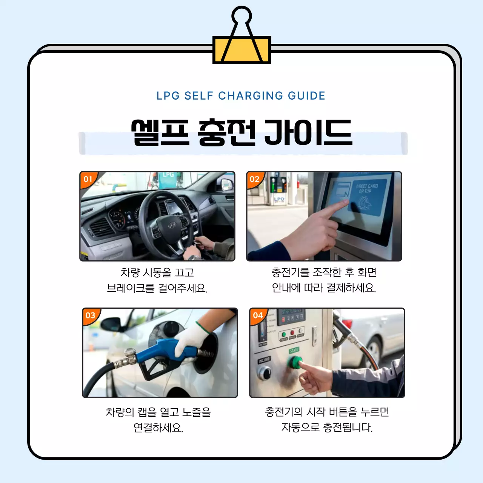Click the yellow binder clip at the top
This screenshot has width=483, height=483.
click(241, 49)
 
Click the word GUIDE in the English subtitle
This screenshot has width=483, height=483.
click(306, 96)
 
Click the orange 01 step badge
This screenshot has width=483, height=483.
click(88, 179)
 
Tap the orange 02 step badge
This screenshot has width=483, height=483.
click(255, 179)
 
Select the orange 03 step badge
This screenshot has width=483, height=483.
click(90, 315)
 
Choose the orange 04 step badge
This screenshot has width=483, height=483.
click(258, 315)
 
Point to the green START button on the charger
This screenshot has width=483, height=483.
click(294, 362)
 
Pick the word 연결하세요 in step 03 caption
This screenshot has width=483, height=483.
click(158, 428)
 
